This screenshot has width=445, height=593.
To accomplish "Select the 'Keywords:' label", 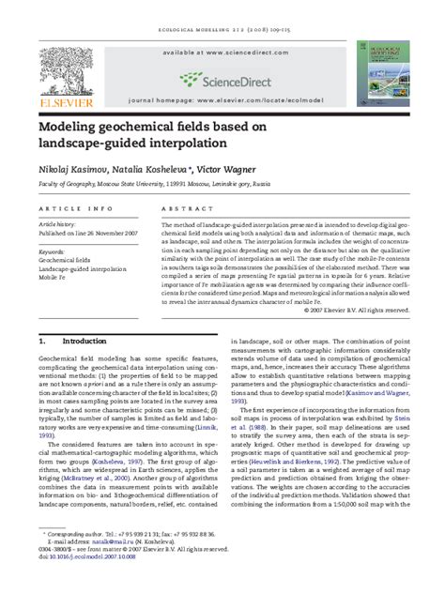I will (54, 251).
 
